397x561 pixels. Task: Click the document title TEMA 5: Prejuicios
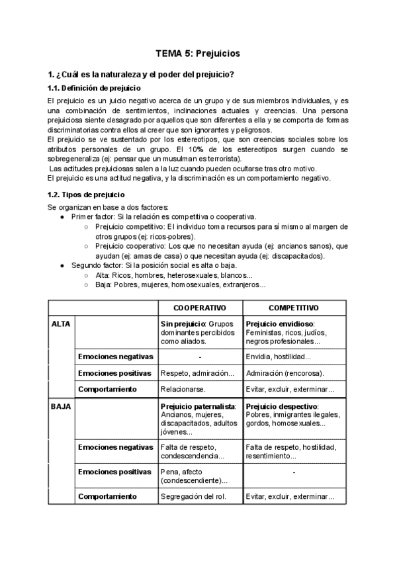pos(198,53)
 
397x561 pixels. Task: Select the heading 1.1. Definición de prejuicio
pos(94,88)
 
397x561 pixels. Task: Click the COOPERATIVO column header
pos(200,308)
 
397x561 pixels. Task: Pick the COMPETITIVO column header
pos(294,308)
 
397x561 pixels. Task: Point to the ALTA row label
pos(61,324)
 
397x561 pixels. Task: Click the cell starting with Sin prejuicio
pos(200,333)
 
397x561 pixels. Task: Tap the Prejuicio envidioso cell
pos(294,333)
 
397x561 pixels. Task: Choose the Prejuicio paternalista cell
pos(200,419)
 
